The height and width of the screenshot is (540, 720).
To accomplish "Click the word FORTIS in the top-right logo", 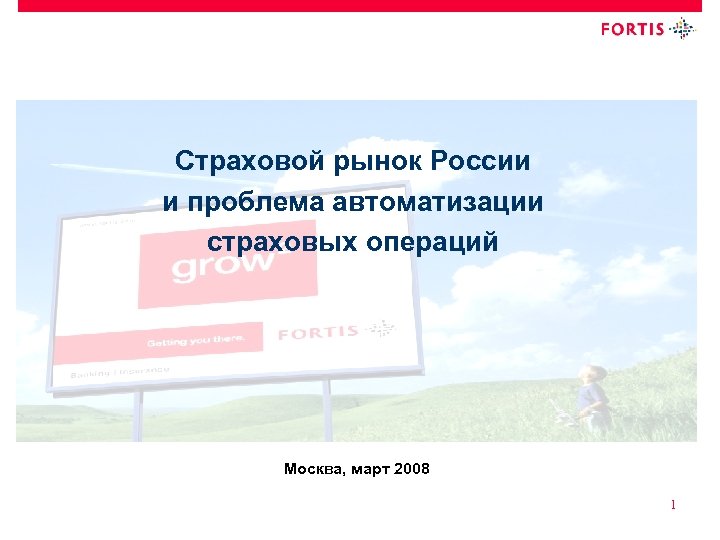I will pyautogui.click(x=632, y=29).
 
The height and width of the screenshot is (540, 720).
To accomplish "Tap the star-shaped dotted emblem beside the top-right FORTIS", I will pyautogui.click(x=682, y=28).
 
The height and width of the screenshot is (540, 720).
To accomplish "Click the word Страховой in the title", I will pyautogui.click(x=234, y=161).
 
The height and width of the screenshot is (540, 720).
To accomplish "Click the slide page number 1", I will pyautogui.click(x=674, y=505).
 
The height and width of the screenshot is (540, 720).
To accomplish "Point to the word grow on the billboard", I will pyautogui.click(x=222, y=266).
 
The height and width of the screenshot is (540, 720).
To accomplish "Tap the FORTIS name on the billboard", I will pyautogui.click(x=317, y=332).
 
